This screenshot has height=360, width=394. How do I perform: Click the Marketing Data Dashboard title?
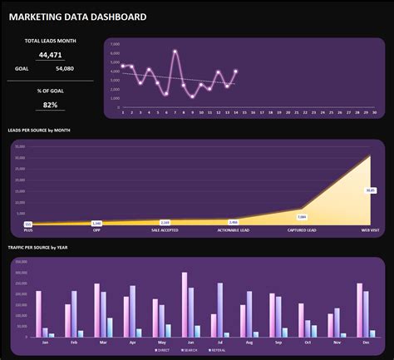click(77, 17)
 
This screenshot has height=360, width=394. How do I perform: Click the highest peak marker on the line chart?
click(175, 52)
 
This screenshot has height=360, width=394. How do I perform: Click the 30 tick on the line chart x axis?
click(375, 113)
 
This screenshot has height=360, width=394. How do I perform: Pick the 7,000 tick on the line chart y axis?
click(115, 43)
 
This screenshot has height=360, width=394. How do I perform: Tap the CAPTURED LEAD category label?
click(302, 229)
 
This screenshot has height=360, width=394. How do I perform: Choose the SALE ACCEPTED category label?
click(165, 229)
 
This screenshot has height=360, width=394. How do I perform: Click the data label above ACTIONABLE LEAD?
click(234, 222)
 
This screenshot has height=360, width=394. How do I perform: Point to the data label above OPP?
click(96, 223)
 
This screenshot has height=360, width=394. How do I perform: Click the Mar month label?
click(103, 342)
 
